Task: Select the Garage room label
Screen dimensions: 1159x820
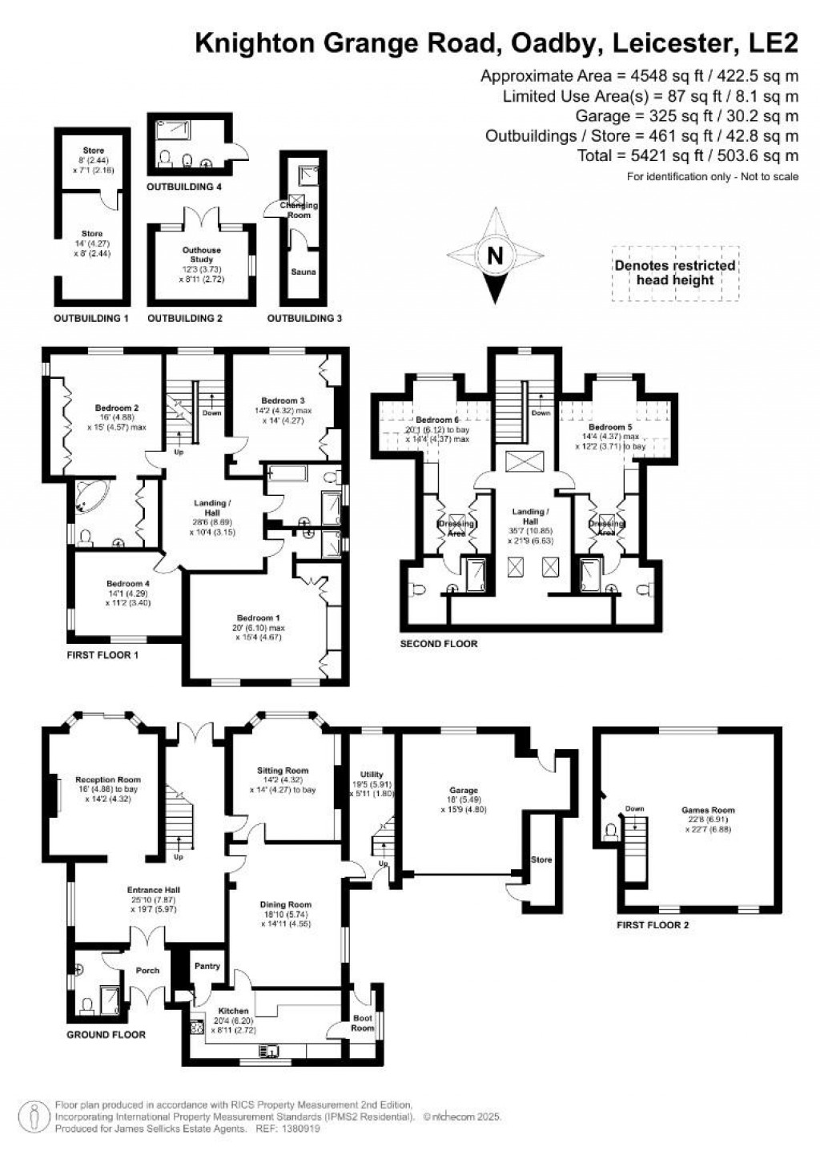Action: [x=464, y=790]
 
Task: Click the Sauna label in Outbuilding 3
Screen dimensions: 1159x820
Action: [x=303, y=272]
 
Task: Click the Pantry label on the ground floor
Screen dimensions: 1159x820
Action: [x=207, y=966]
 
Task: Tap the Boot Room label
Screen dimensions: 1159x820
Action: [x=363, y=1023]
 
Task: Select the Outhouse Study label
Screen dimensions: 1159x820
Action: [x=202, y=255]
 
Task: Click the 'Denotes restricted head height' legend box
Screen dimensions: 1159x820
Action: [x=675, y=273]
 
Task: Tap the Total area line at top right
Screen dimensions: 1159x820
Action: [x=688, y=155]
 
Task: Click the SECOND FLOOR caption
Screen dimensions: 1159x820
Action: [x=439, y=643]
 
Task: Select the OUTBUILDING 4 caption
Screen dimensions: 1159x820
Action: [x=184, y=187]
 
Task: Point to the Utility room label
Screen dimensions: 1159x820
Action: [x=372, y=775]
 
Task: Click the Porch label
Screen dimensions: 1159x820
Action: [x=147, y=970]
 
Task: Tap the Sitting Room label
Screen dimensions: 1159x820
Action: [x=283, y=771]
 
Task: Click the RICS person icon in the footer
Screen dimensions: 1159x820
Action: [x=34, y=1115]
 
